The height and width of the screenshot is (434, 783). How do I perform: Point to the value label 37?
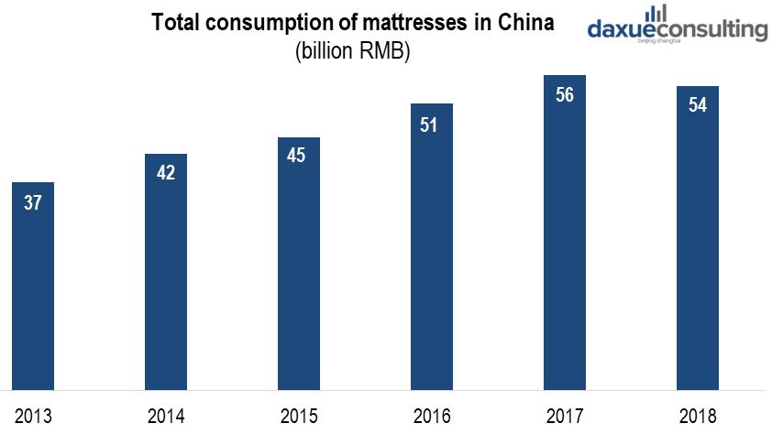(33, 203)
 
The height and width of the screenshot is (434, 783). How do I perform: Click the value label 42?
(166, 174)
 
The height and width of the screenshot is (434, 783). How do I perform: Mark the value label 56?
(565, 94)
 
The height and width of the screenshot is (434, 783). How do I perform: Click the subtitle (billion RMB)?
(352, 52)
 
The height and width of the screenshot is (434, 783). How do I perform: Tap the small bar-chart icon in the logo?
(656, 13)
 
